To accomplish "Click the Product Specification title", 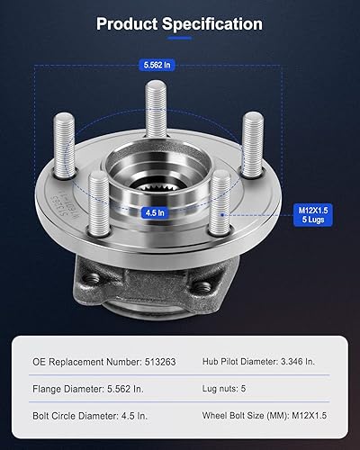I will tap(180, 24).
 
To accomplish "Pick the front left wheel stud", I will tap(96, 203).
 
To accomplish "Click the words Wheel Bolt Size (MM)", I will tap(241, 417).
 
